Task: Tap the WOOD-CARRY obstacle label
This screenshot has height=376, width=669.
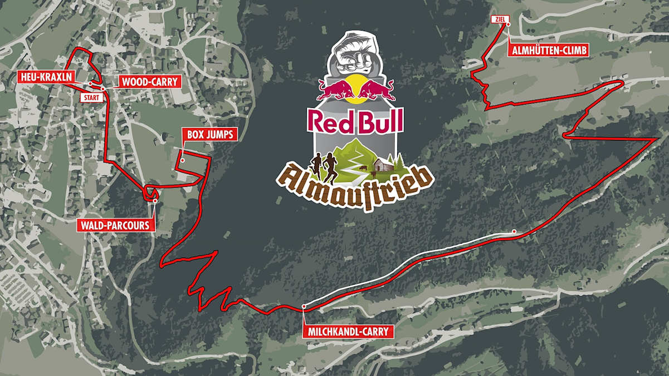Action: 149,82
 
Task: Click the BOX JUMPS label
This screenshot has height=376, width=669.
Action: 209,135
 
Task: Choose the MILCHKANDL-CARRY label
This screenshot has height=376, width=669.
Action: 348,332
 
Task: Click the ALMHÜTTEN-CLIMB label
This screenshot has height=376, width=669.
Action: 548,51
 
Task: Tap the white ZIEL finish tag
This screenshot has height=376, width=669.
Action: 499,19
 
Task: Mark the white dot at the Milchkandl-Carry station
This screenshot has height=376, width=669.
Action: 304,306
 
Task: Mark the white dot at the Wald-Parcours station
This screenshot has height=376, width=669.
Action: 155,201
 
